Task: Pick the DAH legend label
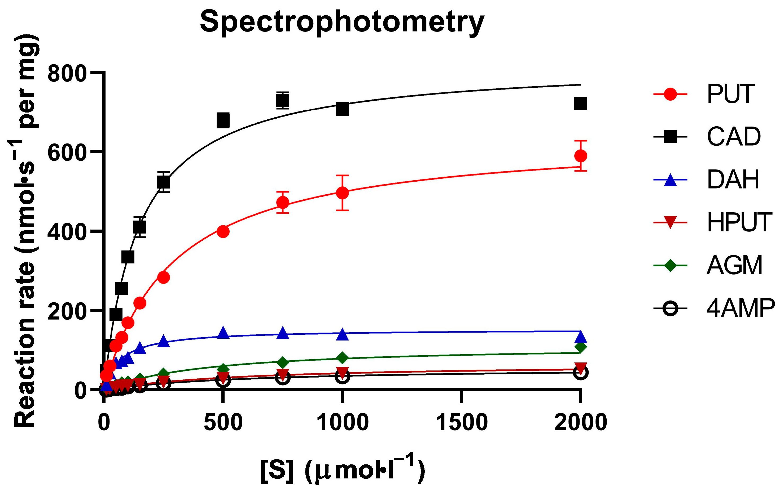733,180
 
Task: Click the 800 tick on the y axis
67,74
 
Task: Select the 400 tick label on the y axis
67,232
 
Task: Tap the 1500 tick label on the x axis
461,423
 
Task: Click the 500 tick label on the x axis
223,423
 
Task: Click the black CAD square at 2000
581,104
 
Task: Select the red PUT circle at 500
223,232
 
